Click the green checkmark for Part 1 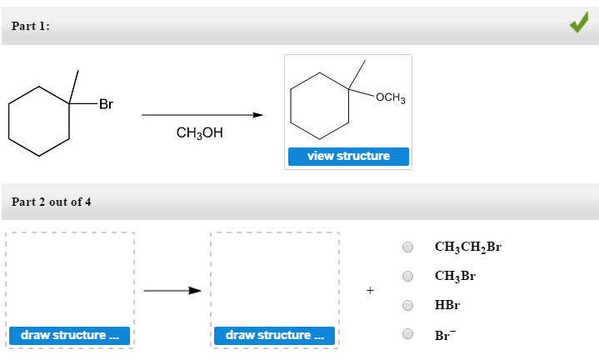click(578, 25)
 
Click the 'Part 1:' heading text click(31, 27)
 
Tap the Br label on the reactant click(106, 105)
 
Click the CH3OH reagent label click(200, 132)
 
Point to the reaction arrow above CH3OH click(202, 115)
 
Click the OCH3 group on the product click(390, 98)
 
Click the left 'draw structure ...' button click(69, 335)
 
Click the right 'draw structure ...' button click(274, 335)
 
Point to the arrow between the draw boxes click(172, 291)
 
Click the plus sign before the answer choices click(370, 291)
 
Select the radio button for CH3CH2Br click(408, 247)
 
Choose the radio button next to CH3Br click(408, 276)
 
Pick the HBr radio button click(408, 305)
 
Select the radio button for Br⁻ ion click(408, 334)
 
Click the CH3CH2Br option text click(467, 247)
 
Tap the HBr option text click(447, 305)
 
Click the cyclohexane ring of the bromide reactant click(39, 121)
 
